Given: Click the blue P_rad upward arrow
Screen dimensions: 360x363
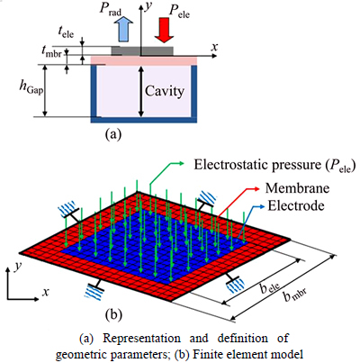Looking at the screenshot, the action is point(124,29).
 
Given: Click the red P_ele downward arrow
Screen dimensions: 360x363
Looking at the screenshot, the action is point(164,29).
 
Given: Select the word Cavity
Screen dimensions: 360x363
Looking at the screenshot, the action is point(165,91).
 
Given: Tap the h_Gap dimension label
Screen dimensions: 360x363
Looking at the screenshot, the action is point(31,88).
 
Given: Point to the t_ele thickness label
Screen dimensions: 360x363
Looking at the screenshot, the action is point(66,32).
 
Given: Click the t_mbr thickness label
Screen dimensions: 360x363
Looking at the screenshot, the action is point(52,53).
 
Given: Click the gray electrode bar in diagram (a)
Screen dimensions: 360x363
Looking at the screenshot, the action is point(142,51).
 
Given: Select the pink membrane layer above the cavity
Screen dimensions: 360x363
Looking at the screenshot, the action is point(144,60).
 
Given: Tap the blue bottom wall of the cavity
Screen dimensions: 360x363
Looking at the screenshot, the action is point(144,120).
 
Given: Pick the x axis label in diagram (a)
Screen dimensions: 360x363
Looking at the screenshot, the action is point(214,47).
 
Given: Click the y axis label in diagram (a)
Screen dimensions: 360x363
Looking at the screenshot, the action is point(148,6).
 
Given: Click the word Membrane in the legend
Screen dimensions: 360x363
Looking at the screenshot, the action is point(297,188).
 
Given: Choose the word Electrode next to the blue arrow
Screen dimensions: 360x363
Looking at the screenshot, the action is point(296,206).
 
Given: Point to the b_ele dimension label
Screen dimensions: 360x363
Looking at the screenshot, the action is point(270,288).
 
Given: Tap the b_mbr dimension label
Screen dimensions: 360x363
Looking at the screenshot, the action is point(295,296).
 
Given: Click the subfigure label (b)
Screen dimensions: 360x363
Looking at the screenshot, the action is point(113,314).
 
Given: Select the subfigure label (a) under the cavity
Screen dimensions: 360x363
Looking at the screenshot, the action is point(113,134).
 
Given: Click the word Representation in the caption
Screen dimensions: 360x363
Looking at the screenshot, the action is point(142,338).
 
